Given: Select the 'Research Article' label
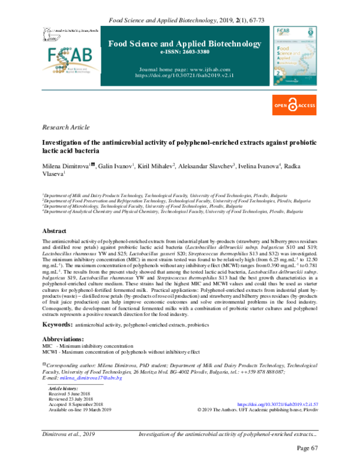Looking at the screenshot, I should [67, 127].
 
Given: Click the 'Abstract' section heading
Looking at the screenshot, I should [55, 231].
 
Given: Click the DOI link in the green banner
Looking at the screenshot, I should [187, 76].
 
